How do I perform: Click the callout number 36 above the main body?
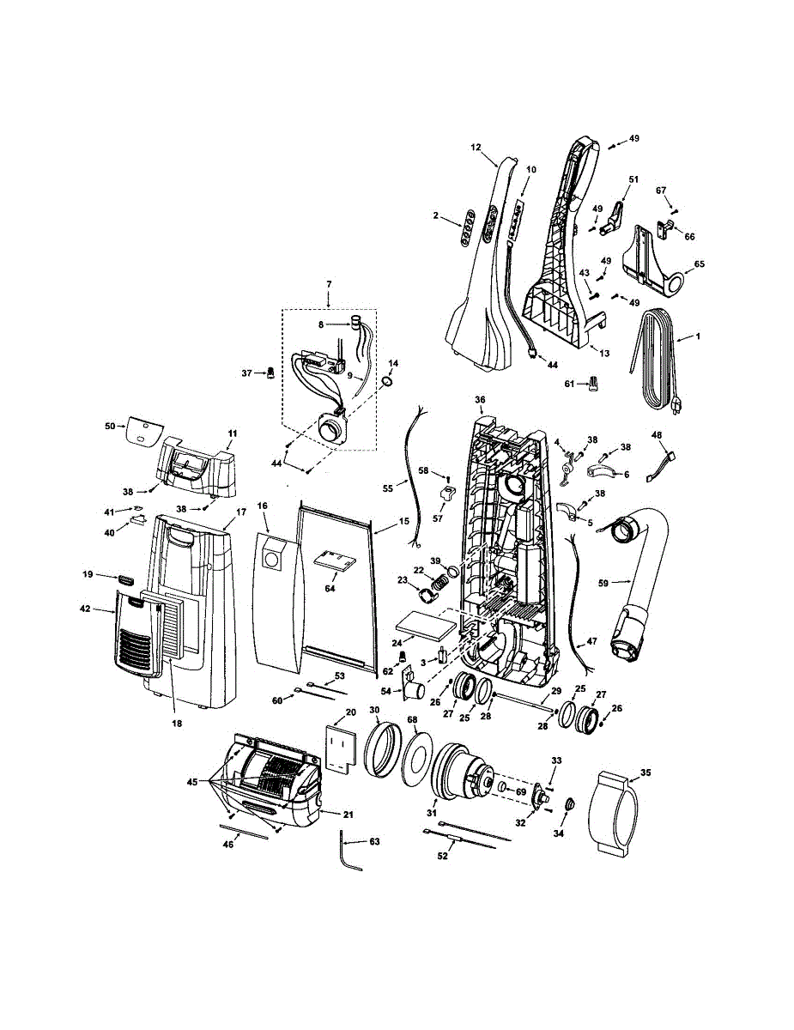point(480,400)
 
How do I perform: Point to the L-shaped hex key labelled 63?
point(350,854)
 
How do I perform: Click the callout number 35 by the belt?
point(646,772)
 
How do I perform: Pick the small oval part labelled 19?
point(126,580)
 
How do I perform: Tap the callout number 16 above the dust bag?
point(263,507)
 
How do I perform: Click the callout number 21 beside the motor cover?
point(348,814)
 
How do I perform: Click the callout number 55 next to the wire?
point(388,488)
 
